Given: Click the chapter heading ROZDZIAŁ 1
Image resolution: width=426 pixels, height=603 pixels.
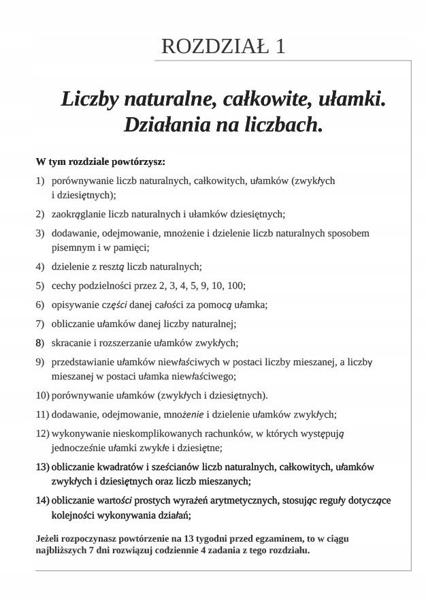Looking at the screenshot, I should coord(223,46).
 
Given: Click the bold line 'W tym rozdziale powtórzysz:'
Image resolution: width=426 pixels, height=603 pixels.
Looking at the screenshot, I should coord(101,162).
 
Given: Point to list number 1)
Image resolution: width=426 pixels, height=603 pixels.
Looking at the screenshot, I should coord(40,181).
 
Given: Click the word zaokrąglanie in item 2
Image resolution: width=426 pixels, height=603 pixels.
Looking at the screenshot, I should coord(78,214).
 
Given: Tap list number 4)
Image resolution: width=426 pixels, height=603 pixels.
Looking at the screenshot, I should coord(40,266).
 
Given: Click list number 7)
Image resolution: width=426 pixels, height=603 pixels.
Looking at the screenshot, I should coord(40,324).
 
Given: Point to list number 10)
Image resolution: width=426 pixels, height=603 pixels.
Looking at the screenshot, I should coord(42,395).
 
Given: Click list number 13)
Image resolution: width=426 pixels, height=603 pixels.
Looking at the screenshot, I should coord(42,467).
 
